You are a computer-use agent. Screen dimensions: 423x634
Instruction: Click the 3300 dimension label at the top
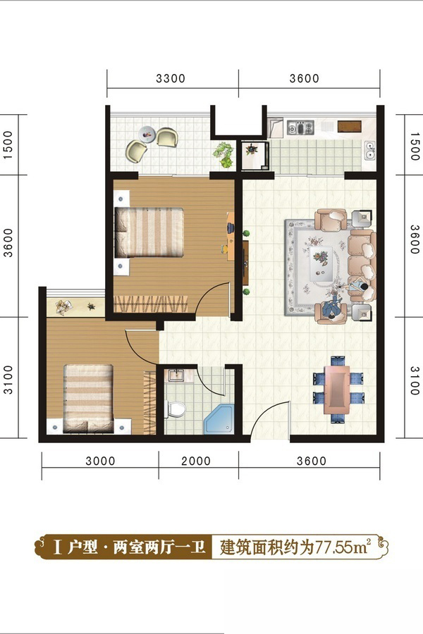pos(171,78)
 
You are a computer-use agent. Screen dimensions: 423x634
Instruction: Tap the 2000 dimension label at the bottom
pos(196,461)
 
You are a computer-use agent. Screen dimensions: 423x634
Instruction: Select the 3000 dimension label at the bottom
pos(100,461)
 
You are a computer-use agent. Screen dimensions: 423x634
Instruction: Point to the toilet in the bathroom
pos(176,409)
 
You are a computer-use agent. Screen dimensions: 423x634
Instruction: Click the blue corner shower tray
pos(219,419)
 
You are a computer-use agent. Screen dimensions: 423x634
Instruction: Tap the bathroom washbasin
pos(176,375)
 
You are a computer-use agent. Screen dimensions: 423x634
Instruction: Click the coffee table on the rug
pos(321,263)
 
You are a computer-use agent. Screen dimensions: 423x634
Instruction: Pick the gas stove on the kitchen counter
pos(300,128)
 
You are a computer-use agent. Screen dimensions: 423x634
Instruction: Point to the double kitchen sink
pos(370,150)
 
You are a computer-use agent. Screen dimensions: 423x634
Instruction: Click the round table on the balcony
pos(147,133)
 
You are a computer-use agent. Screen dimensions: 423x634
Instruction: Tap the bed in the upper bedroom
pos(149,232)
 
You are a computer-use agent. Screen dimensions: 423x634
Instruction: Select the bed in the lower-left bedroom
pos(88,399)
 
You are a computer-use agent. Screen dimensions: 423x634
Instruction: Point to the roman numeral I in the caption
pos(59,548)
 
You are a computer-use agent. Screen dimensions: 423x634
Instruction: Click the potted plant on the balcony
pos(224,154)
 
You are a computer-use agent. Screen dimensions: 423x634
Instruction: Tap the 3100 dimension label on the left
pos(8,379)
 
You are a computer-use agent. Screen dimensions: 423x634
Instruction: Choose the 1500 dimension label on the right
pos(414,146)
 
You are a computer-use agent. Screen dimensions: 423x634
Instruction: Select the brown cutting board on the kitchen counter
pos(350,127)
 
